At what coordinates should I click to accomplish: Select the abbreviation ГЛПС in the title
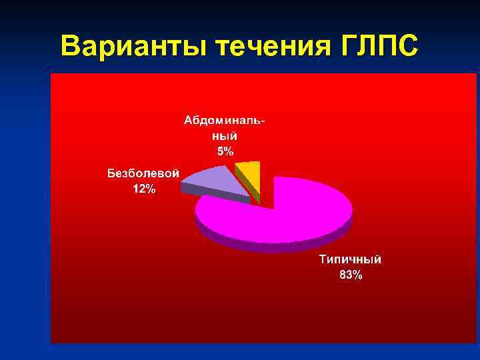(x=377, y=47)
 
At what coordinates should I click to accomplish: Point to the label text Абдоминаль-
(x=225, y=121)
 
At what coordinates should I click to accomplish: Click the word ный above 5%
(x=225, y=135)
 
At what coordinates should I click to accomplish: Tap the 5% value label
(x=225, y=151)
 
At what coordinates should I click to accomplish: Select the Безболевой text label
(x=143, y=173)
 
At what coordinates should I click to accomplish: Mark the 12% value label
(x=144, y=189)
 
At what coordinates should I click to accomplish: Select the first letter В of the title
(x=70, y=47)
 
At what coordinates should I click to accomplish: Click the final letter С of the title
(x=409, y=47)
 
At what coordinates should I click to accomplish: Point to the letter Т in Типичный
(x=323, y=260)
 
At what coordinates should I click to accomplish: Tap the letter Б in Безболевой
(x=111, y=173)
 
